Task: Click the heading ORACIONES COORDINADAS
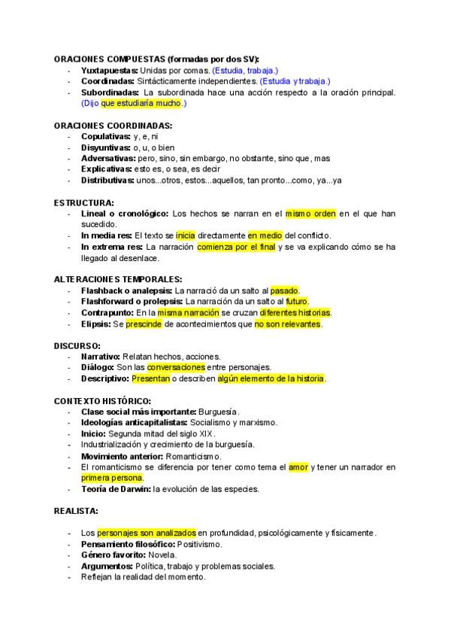tap(113, 126)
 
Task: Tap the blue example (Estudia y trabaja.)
tap(295, 81)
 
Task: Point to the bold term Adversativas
tap(108, 159)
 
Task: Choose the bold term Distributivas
tap(107, 181)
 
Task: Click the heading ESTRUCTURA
tap(84, 202)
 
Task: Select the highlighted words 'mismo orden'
tap(310, 214)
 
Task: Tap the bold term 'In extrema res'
tap(111, 247)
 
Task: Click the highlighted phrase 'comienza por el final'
tap(237, 247)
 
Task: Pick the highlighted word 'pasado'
tap(285, 290)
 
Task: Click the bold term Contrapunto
tap(107, 312)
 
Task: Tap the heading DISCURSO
tap(77, 345)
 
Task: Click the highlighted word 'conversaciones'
tap(176, 367)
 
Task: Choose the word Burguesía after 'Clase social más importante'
tap(218, 412)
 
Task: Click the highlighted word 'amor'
tap(298, 467)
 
